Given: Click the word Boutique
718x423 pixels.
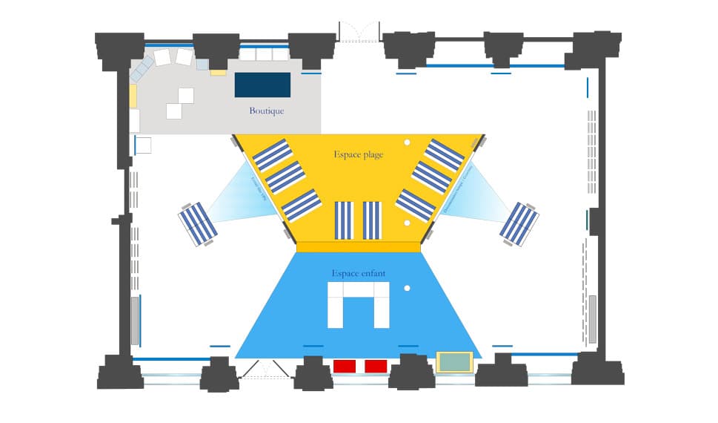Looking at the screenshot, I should click(266, 111).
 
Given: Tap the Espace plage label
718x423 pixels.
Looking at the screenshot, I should click(358, 154).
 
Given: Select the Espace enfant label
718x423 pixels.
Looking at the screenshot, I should click(359, 273).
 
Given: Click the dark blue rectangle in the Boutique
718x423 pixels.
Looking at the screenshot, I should click(262, 85).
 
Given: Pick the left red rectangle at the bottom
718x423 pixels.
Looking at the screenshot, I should click(345, 366).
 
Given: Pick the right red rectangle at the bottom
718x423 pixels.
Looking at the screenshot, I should click(376, 366).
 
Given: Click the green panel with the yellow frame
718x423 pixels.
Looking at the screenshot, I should click(453, 362).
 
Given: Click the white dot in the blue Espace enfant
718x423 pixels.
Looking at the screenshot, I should click(407, 288).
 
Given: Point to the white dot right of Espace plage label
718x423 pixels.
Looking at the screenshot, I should click(407, 142).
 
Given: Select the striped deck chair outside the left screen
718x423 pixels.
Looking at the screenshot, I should click(197, 224).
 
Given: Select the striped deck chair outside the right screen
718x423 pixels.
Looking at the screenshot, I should click(519, 223).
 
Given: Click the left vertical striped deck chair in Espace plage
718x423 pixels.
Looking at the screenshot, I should click(345, 220).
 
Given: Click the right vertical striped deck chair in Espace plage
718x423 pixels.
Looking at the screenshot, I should click(372, 220).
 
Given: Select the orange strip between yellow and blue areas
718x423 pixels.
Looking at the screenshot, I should click(359, 246).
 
